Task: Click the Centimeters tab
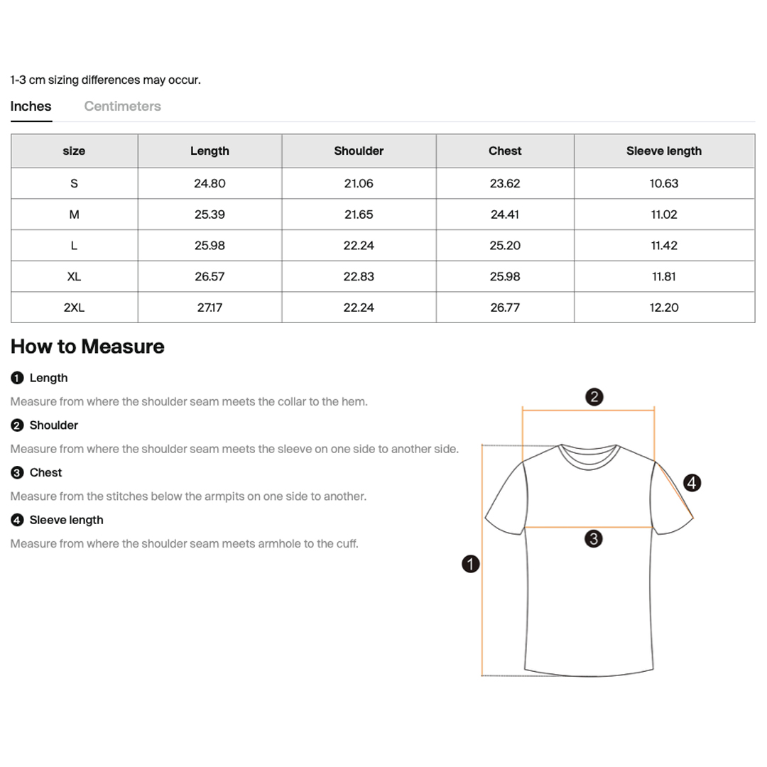point(122,107)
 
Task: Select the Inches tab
point(31,107)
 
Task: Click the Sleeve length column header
point(663,151)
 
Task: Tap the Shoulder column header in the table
point(359,151)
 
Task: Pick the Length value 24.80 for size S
point(210,183)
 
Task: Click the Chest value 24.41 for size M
point(505,214)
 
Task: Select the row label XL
point(74,276)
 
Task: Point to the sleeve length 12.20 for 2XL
point(663,308)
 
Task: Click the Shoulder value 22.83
point(359,276)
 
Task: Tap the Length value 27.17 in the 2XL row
point(210,308)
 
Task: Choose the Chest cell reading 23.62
point(505,183)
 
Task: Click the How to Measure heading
point(87,347)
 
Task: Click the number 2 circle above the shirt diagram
point(595,396)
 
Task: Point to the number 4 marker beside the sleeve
point(692,484)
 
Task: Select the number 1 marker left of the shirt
point(470,565)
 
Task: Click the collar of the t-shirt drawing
point(589,455)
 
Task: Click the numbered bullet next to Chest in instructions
point(17,473)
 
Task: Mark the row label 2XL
point(74,308)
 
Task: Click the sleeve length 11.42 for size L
point(663,246)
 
